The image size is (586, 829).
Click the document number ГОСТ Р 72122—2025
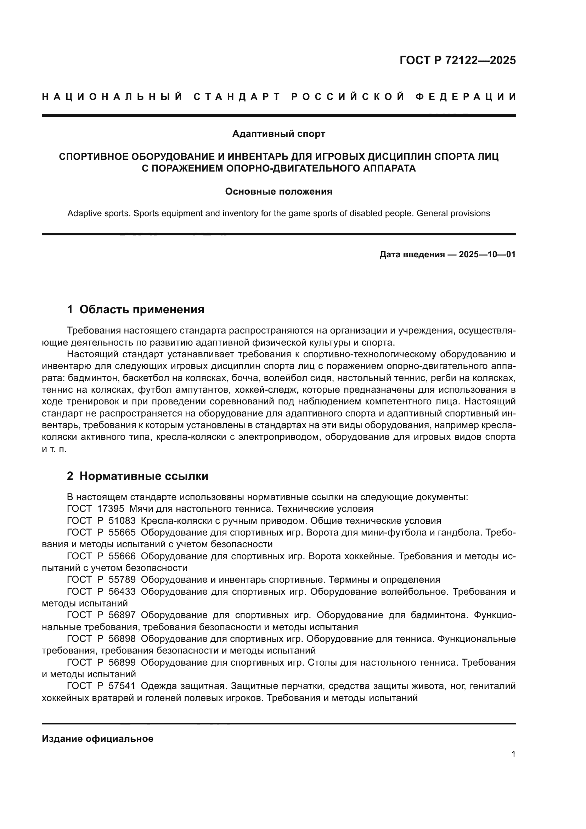pos(457,60)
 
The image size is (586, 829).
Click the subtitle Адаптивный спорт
pos(278,134)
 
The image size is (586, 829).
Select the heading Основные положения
pos(278,191)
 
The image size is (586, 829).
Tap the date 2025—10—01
pos(487,254)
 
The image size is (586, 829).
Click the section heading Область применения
pos(141,309)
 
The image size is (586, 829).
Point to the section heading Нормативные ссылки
pos(143,476)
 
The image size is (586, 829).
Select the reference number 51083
pos(122,521)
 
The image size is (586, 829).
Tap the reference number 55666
pos(122,556)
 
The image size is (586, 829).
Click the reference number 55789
pos(122,579)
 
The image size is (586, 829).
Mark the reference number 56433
pos(122,592)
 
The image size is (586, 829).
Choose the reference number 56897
pos(122,615)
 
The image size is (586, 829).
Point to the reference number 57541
pos(122,686)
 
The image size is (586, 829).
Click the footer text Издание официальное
pos(97,739)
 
